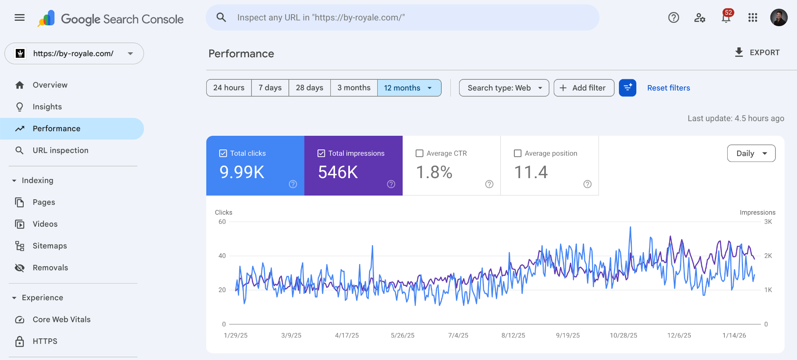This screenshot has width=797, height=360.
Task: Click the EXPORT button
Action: [757, 53]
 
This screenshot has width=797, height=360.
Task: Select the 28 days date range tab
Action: [309, 88]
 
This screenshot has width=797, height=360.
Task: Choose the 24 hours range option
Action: [229, 88]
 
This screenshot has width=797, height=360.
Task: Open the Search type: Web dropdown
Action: [504, 88]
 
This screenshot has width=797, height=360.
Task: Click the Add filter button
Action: [584, 88]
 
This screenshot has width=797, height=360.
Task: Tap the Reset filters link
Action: [668, 88]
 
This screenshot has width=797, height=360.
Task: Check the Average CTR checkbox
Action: [420, 153]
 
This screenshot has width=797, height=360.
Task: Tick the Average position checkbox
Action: [518, 153]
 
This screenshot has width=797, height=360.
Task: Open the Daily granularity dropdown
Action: [751, 153]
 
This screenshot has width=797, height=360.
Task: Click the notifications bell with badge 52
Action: [726, 17]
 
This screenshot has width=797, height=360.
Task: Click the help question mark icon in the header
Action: [673, 17]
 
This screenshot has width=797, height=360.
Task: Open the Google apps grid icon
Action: [753, 17]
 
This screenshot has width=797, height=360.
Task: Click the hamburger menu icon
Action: [20, 17]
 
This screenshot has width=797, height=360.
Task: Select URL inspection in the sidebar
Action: [60, 150]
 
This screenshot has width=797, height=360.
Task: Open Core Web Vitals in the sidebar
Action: [61, 319]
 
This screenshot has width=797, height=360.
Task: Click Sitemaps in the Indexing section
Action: [49, 246]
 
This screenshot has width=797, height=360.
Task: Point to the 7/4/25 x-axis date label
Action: [458, 336]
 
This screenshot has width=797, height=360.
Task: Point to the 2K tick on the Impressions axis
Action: [768, 256]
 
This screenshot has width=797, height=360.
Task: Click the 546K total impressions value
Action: [338, 172]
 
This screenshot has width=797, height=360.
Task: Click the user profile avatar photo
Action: [779, 17]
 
